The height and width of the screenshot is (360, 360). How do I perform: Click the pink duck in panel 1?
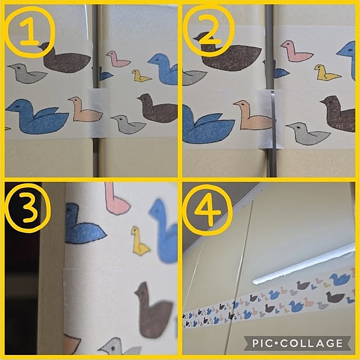click(x=118, y=59)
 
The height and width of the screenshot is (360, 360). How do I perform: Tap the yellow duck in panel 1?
click(x=141, y=76)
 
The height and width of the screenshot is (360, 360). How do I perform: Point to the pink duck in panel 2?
click(x=296, y=52)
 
